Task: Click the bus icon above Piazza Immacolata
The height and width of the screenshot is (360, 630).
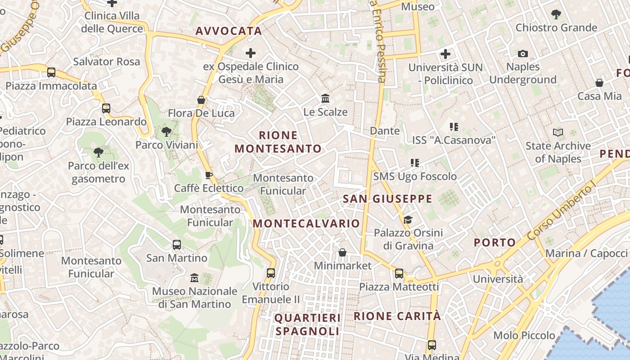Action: (x=51, y=72)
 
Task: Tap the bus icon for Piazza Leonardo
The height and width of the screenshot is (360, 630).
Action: (x=106, y=108)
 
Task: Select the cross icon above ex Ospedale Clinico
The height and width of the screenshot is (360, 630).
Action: (x=251, y=54)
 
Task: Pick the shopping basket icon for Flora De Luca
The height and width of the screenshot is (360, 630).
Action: (x=201, y=99)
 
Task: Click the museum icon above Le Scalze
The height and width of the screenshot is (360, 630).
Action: (x=325, y=99)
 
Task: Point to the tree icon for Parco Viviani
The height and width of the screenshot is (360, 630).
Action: (x=166, y=132)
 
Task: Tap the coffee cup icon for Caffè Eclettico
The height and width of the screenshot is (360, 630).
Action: (x=208, y=175)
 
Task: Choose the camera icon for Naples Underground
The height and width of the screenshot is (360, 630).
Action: (x=522, y=54)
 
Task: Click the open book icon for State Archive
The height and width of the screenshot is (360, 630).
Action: (x=558, y=133)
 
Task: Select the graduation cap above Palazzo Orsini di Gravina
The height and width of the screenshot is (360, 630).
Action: (x=408, y=220)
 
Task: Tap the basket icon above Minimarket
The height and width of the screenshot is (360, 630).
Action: (x=342, y=252)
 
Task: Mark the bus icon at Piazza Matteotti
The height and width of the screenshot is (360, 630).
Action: (x=399, y=273)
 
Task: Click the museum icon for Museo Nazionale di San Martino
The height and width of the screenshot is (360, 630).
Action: (x=194, y=278)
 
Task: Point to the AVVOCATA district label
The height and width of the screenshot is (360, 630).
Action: (x=229, y=31)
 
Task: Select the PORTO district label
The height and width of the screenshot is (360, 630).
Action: (x=495, y=243)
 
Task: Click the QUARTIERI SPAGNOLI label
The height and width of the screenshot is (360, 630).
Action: (x=308, y=324)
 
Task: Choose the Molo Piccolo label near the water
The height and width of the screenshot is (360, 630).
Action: (x=524, y=335)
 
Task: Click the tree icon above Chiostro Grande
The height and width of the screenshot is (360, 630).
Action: (x=556, y=14)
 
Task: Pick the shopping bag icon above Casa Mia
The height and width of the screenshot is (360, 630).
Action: (x=599, y=83)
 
